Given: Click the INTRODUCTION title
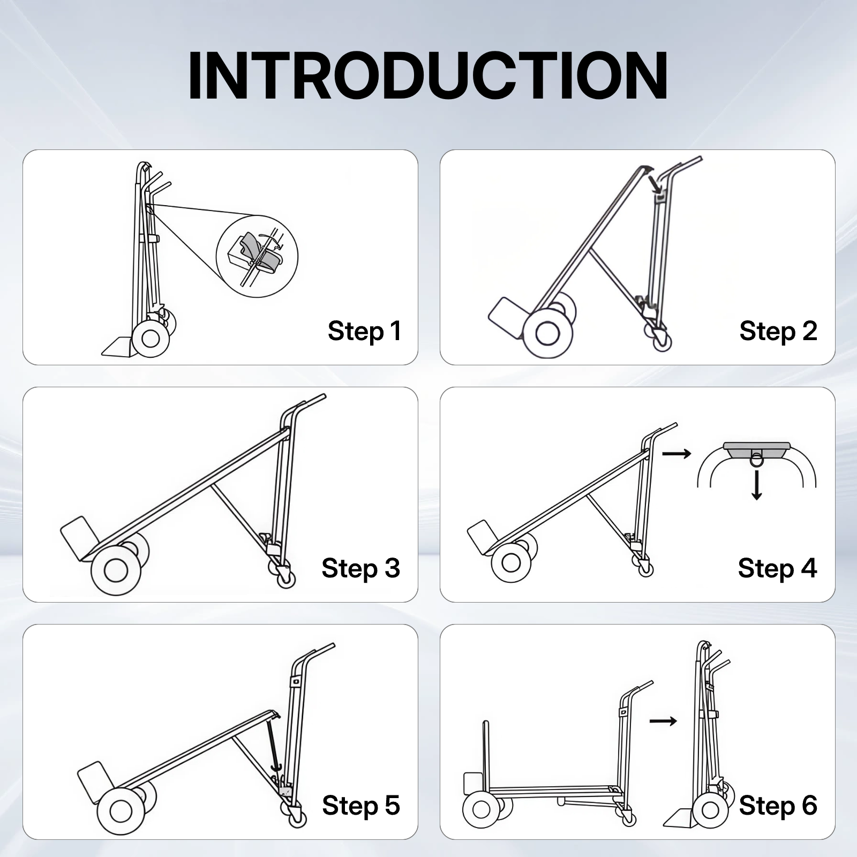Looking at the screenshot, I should coord(427,76).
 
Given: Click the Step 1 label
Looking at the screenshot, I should coord(364,331).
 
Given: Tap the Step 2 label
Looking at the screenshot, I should coord(778,331).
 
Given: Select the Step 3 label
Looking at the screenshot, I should coord(360,568).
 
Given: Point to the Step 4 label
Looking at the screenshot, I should coord(777,568).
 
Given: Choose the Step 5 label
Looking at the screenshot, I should coord(360,806).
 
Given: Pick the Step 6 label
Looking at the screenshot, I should coord(778,806).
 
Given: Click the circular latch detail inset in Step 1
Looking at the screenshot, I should coord(257,256).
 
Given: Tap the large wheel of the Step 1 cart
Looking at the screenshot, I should coord(151,339).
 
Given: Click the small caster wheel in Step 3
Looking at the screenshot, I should coord(285,579).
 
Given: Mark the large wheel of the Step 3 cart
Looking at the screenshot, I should coord(115,570).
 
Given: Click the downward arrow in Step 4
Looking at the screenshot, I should coord(756,485).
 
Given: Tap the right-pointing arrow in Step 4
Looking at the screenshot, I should coord(676,454).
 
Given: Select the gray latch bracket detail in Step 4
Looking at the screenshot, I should coord(756,450).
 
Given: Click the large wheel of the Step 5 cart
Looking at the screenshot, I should coord(122,811).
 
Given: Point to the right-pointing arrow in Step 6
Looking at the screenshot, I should coord(663,721).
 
